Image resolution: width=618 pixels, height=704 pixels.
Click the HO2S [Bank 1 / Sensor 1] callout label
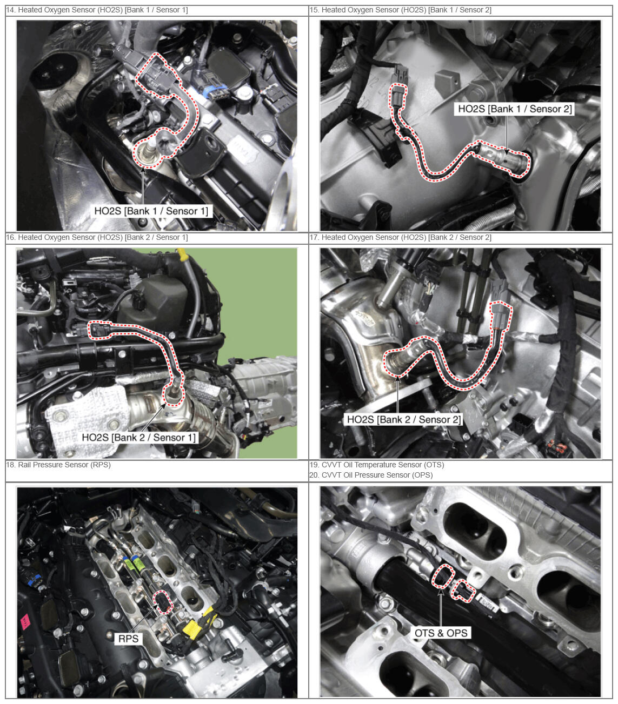pyautogui.click(x=151, y=211)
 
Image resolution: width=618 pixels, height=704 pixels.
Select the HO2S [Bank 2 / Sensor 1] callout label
pyautogui.click(x=139, y=437)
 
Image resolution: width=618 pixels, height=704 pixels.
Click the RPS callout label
pyautogui.click(x=128, y=638)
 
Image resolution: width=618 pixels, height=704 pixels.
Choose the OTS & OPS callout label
pyautogui.click(x=441, y=633)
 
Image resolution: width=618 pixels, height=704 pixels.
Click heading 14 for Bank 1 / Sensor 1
pyautogui.click(x=97, y=10)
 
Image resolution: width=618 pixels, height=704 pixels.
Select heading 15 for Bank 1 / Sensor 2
pyautogui.click(x=400, y=10)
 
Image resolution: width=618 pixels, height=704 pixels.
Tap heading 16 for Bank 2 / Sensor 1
pyautogui.click(x=97, y=237)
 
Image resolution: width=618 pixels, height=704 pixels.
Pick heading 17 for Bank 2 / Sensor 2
pyautogui.click(x=400, y=237)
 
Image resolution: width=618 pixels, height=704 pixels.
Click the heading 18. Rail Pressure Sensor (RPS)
pyautogui.click(x=58, y=465)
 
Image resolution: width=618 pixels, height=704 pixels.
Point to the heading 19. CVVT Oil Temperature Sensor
pyautogui.click(x=377, y=465)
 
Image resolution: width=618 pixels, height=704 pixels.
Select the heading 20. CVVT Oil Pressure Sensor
pyautogui.click(x=371, y=475)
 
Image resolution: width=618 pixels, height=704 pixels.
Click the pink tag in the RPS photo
pyautogui.click(x=26, y=621)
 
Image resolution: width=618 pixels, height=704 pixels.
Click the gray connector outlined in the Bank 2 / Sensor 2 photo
pyautogui.click(x=501, y=316)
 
